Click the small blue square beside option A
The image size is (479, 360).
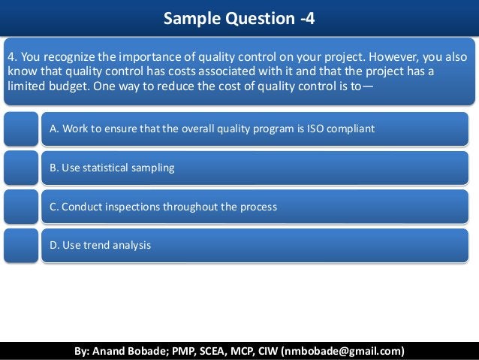(20, 129)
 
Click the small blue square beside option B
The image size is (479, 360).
(20, 168)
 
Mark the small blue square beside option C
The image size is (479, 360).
(20, 206)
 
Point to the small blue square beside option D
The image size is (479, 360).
(20, 245)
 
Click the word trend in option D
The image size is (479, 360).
(97, 245)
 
